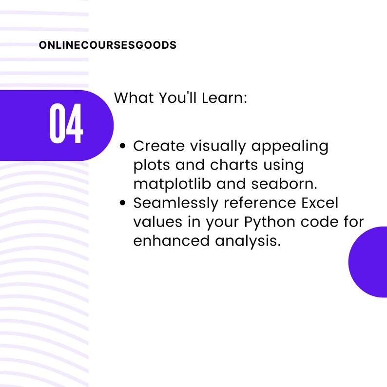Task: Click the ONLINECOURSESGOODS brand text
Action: pyautogui.click(x=107, y=45)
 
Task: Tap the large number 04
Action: pyautogui.click(x=66, y=124)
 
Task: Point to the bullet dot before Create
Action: pyautogui.click(x=123, y=146)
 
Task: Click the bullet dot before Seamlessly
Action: pyautogui.click(x=123, y=203)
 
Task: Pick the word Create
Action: pyautogui.click(x=159, y=146)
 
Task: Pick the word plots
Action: pyautogui.click(x=154, y=165)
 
